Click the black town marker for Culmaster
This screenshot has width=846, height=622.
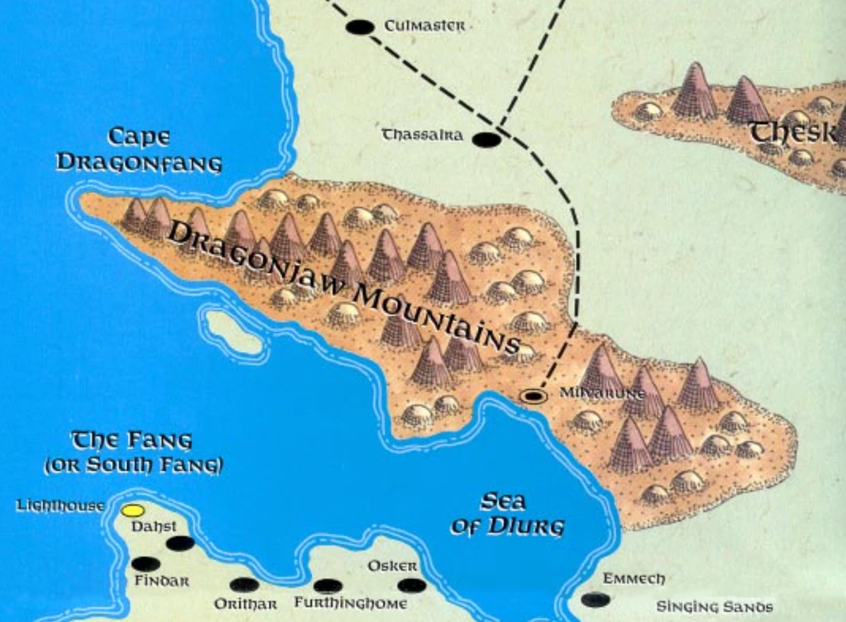[x=360, y=28]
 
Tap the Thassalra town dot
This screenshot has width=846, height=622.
[x=486, y=140]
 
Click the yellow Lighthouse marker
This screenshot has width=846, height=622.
[x=133, y=510]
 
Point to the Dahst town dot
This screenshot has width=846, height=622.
[x=180, y=543]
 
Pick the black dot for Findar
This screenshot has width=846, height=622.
[x=146, y=563]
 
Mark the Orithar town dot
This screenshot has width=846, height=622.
[x=244, y=585]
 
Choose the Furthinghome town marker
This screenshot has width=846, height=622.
[x=328, y=585]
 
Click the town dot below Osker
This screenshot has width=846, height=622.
[x=412, y=585]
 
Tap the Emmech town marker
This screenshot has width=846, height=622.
[x=596, y=600]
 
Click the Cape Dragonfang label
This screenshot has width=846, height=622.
[x=139, y=150]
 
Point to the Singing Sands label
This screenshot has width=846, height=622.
[x=714, y=606]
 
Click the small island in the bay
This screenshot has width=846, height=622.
[x=233, y=331]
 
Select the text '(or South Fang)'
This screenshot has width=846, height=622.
[x=133, y=465]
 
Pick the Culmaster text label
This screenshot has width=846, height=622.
[x=424, y=26]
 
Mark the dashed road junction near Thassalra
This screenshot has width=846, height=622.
[x=499, y=127]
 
